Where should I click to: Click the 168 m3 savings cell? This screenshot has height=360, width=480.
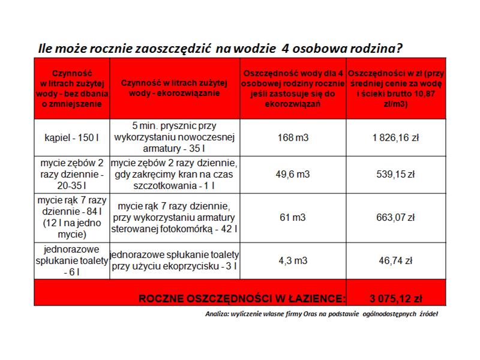click(293, 137)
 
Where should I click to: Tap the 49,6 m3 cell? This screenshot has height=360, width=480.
click(293, 175)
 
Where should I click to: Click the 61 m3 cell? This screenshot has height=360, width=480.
click(293, 217)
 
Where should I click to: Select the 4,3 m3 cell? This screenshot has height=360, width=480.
click(293, 260)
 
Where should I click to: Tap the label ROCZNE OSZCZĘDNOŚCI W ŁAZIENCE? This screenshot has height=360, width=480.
click(242, 298)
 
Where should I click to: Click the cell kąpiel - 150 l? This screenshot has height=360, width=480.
click(71, 137)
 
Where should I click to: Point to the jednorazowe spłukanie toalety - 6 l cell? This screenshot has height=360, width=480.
click(71, 260)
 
